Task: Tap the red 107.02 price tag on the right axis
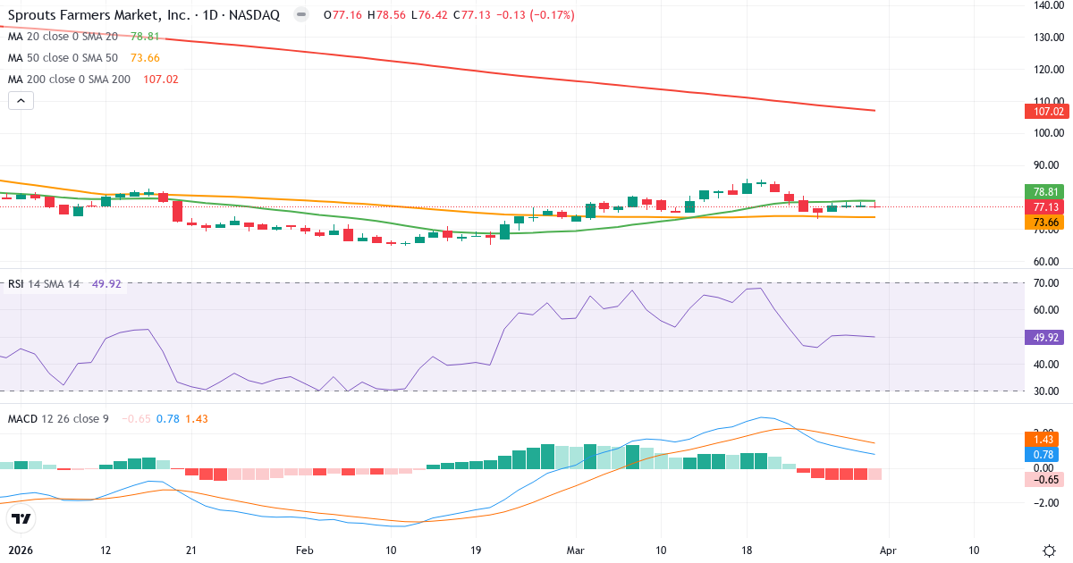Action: (1044, 112)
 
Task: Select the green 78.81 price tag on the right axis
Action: (1044, 191)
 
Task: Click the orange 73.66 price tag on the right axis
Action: (1044, 222)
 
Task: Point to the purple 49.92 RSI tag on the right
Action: (1044, 338)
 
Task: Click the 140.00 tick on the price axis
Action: (1047, 5)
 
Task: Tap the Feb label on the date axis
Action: (306, 550)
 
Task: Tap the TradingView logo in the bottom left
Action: (21, 519)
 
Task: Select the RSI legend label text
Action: (15, 284)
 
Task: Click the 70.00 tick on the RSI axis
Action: (1047, 283)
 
